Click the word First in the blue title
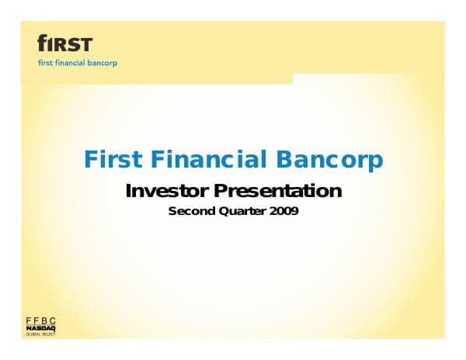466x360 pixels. click(111, 161)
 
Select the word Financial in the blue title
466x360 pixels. click(203, 161)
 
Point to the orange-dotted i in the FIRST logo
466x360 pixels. click(47, 43)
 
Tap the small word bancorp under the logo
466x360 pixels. click(104, 62)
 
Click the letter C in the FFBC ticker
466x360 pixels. click(52, 320)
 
